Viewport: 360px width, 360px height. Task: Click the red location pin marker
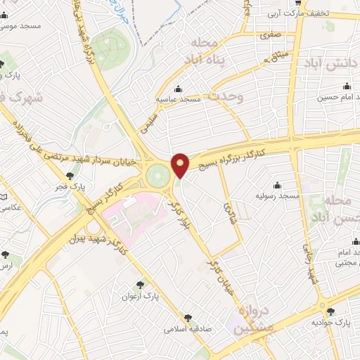(181, 165)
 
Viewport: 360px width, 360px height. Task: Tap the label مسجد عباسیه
(179, 99)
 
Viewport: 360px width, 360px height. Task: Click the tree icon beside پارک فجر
(69, 176)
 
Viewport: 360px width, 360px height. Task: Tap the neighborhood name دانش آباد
(331, 63)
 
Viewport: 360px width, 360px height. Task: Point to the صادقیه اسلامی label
(188, 328)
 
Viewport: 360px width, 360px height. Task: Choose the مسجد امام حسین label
(341, 98)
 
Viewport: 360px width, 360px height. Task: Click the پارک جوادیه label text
(335, 322)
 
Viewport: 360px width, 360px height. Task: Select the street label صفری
(269, 34)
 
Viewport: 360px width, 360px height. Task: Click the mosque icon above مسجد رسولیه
(277, 185)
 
